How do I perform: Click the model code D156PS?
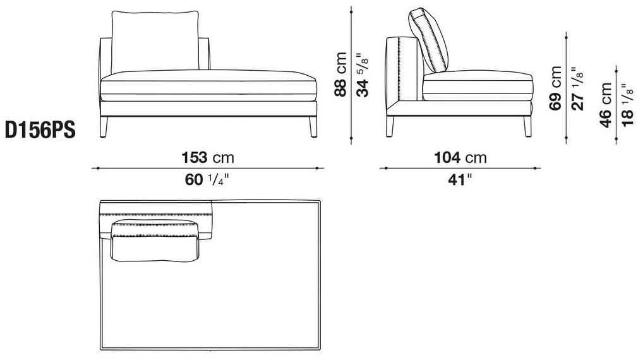[x=40, y=131]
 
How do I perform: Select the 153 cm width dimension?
[x=208, y=157]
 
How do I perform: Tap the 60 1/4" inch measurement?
[x=207, y=179]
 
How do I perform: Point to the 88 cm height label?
[x=340, y=75]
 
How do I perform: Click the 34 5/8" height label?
[x=362, y=75]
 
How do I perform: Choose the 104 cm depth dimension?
[x=460, y=157]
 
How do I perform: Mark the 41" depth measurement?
[x=460, y=179]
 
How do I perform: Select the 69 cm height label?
[x=555, y=88]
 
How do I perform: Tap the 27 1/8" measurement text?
[x=577, y=88]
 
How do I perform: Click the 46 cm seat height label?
[x=606, y=105]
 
